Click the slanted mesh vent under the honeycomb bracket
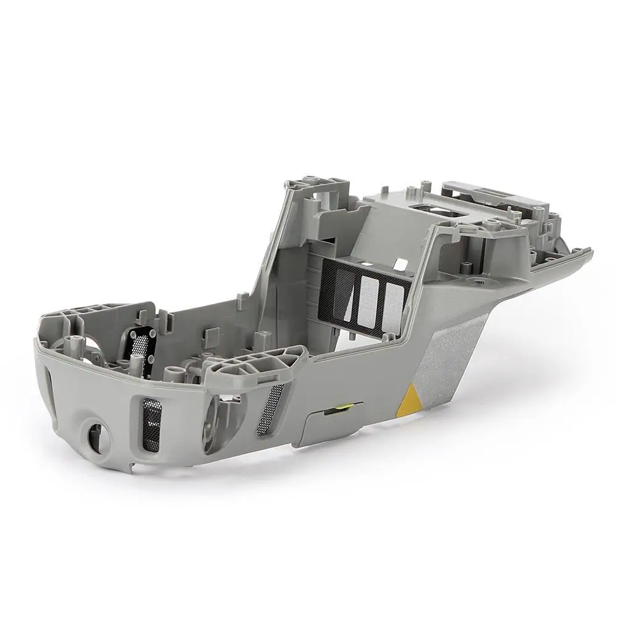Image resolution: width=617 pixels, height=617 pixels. pos(270,408)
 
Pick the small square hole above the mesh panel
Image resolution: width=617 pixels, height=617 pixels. pos(400,265)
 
